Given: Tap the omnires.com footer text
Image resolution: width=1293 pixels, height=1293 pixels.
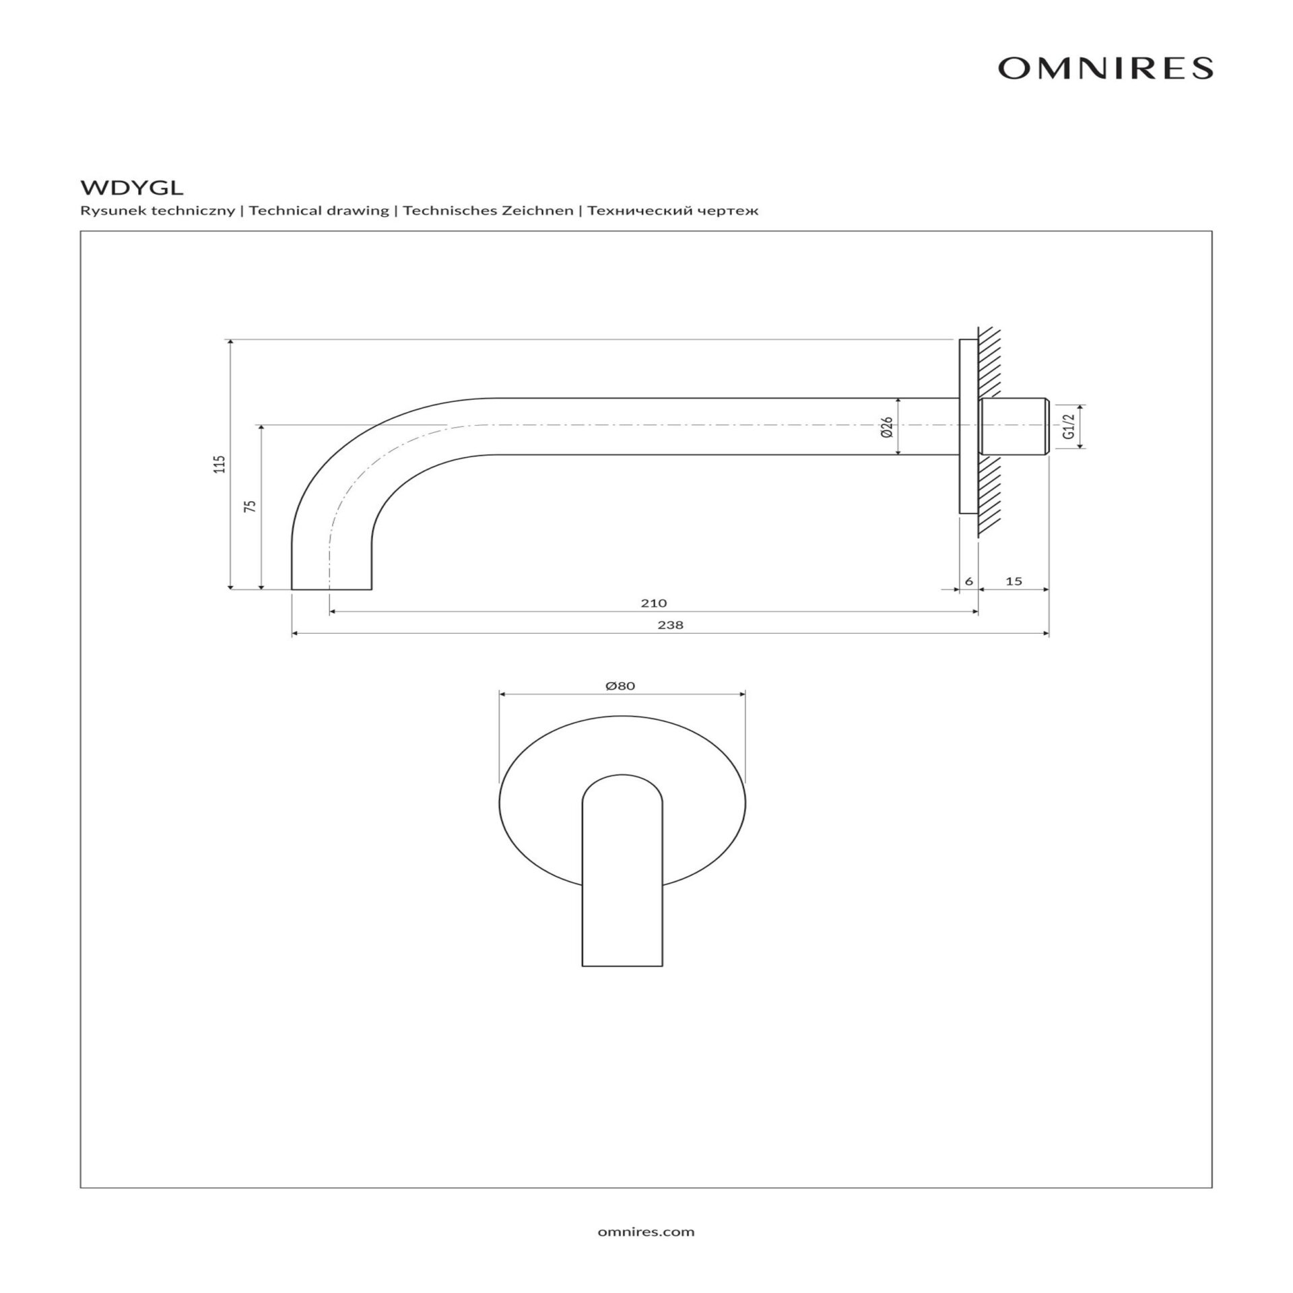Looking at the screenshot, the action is pyautogui.click(x=646, y=1232).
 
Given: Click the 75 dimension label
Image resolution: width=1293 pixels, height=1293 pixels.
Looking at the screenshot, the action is pyautogui.click(x=251, y=506).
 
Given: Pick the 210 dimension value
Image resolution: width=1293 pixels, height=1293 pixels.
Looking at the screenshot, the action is pyautogui.click(x=653, y=603).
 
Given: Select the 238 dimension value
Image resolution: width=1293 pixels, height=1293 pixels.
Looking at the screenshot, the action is pyautogui.click(x=670, y=625).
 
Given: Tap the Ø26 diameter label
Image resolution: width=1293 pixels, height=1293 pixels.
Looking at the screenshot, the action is pyautogui.click(x=887, y=427).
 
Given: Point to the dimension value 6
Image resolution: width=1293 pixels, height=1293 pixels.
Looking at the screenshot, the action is pyautogui.click(x=969, y=581).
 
